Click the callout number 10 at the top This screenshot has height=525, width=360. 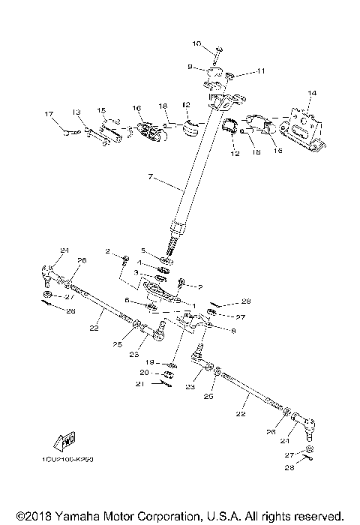197,45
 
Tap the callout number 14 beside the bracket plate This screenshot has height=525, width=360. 312,92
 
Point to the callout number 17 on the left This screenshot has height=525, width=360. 49,114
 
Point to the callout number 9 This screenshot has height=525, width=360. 190,67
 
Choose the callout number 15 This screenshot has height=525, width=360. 101,110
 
